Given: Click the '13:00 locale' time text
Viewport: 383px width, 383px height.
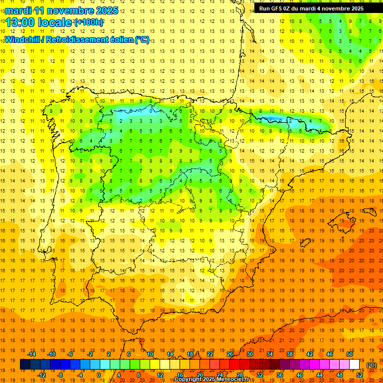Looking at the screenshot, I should [x=39, y=22].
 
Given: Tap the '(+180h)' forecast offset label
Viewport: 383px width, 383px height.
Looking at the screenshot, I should [x=89, y=22].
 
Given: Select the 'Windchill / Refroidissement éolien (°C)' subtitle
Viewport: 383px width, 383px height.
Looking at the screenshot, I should [x=77, y=39].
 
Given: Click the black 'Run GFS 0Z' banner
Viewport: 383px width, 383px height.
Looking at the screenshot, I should [x=311, y=8].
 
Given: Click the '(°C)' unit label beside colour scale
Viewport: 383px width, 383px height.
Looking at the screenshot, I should [x=371, y=365].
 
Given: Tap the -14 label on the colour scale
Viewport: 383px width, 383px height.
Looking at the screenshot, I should [x=32, y=354].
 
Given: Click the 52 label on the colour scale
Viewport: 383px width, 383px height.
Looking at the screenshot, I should [x=360, y=375].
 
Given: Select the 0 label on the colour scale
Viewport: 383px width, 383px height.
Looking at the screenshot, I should [x=98, y=375].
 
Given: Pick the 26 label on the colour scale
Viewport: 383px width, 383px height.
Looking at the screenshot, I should [x=230, y=354].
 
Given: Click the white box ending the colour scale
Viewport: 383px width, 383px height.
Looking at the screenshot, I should [x=355, y=365].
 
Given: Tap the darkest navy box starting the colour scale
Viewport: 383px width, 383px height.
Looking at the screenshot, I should [x=25, y=365].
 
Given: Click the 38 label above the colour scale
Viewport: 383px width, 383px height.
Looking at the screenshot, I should [x=290, y=354].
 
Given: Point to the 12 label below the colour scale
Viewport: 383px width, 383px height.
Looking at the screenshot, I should [x=160, y=375].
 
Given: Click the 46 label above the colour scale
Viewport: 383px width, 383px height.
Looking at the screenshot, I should [x=330, y=354].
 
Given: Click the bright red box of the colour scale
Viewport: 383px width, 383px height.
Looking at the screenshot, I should [x=235, y=365].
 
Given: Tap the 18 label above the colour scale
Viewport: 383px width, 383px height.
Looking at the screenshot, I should [x=190, y=354].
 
